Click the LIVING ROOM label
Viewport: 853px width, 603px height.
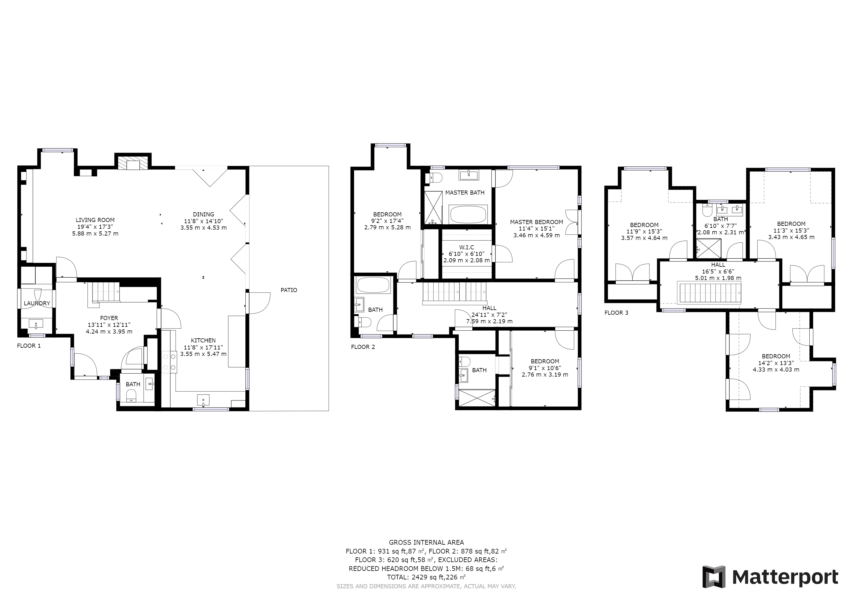tap(95, 220)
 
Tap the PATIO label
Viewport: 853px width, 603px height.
tap(289, 290)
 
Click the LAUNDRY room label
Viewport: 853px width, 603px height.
tap(37, 303)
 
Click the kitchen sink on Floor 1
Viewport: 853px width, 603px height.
tap(203, 400)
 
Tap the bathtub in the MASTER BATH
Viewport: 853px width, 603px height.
tap(468, 214)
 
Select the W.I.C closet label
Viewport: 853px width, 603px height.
tap(466, 247)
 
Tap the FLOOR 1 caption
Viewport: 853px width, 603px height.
tap(29, 346)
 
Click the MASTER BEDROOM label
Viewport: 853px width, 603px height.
tap(536, 222)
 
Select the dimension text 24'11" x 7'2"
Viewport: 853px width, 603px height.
tap(489, 314)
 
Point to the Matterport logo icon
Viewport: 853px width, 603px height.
tap(714, 577)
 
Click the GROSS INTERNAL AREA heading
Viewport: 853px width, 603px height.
tap(426, 542)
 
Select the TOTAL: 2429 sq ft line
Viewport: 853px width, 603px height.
tap(426, 577)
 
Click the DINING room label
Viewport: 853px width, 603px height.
tap(203, 214)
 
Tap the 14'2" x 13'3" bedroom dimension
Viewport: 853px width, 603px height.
tap(776, 363)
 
